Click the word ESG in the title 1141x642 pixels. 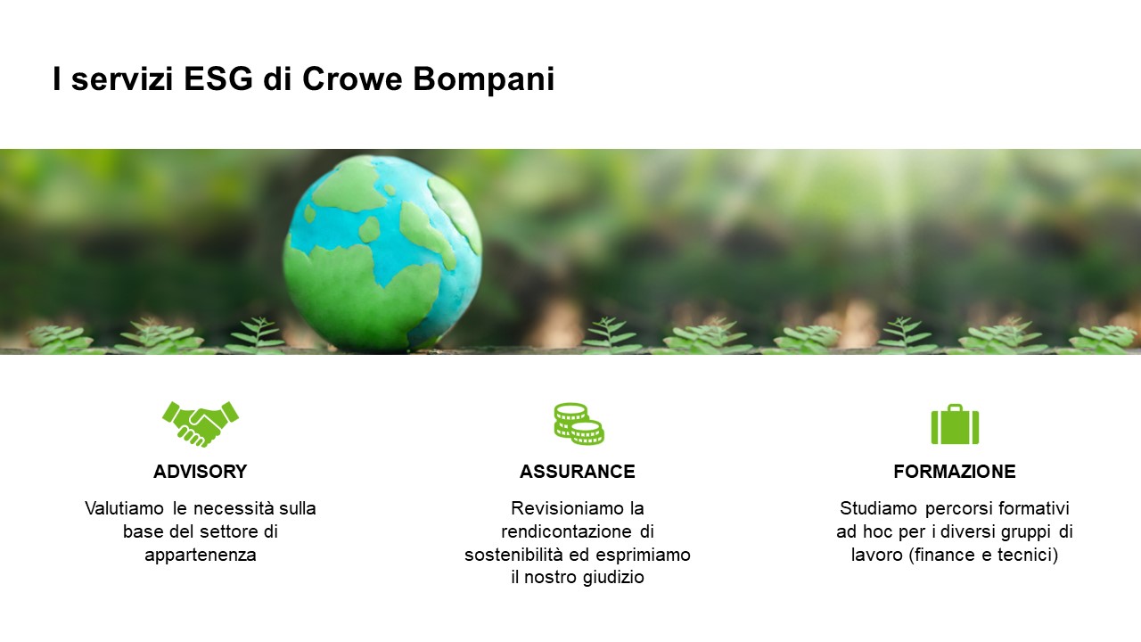[x=218, y=79]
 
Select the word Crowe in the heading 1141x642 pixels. [x=352, y=79]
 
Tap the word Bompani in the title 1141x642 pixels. [x=483, y=80]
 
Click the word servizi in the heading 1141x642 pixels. [x=122, y=79]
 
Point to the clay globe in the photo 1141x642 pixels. [x=382, y=253]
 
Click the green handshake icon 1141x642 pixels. [x=201, y=424]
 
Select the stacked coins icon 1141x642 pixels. [x=579, y=424]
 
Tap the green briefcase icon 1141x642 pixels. [x=955, y=424]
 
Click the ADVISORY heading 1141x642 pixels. [x=201, y=472]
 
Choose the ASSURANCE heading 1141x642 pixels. [x=577, y=472]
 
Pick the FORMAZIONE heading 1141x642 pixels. [x=955, y=472]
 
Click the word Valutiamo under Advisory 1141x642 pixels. [x=124, y=508]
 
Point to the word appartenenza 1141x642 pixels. [x=201, y=555]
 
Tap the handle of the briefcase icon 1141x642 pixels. [x=955, y=407]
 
